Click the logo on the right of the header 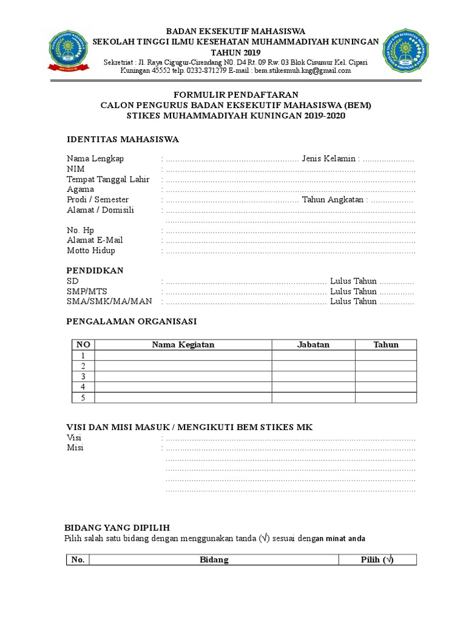point(405,51)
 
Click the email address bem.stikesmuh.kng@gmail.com point(303,70)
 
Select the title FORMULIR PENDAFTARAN point(236,95)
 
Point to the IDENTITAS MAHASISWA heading point(123,140)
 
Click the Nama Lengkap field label point(95,159)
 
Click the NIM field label point(75,169)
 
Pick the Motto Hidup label point(91,250)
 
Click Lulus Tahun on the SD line point(353,281)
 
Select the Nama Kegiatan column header point(183,344)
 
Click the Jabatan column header point(313,344)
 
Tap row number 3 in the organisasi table point(83,376)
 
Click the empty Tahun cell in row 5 point(386,397)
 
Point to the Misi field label point(75,448)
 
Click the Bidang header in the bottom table point(214,560)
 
